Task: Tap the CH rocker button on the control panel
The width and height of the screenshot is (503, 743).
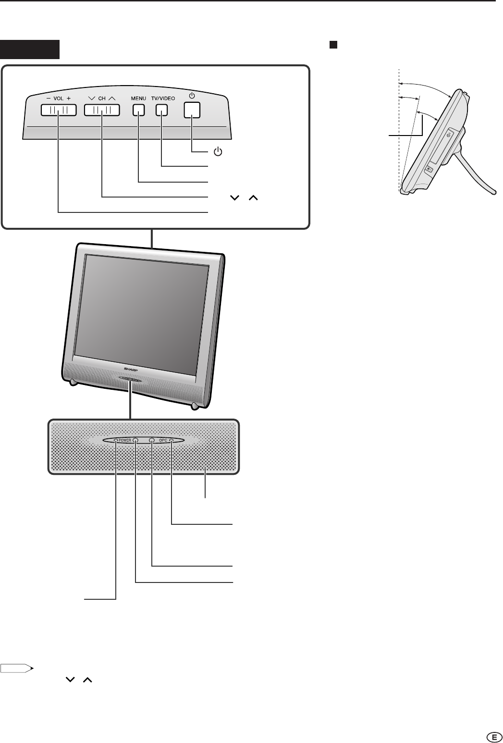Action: [102, 110]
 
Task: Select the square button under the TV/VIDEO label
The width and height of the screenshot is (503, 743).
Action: [161, 110]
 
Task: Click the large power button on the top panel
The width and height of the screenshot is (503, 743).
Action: [192, 110]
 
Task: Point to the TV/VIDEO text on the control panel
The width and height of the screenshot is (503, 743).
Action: [163, 98]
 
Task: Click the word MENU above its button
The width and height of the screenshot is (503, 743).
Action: [138, 98]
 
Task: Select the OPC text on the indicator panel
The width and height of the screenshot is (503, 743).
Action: [163, 440]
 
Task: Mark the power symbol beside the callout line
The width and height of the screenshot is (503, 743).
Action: [218, 152]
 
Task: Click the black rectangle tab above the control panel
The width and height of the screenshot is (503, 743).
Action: [30, 49]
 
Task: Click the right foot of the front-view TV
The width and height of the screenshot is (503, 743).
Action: [195, 407]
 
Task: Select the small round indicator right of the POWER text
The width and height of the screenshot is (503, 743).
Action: [135, 440]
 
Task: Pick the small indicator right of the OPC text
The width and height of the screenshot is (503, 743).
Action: [171, 440]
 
